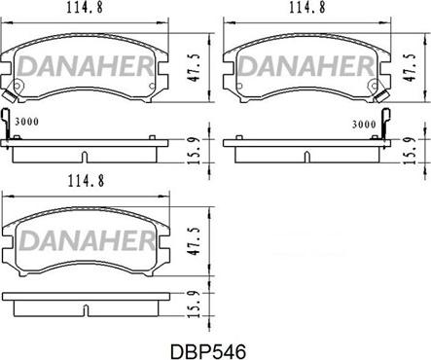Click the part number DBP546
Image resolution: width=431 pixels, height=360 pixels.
coord(208,351)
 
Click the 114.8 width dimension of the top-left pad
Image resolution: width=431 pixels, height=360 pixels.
coord(85,8)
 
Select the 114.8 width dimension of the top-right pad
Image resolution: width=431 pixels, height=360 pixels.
coord(307,8)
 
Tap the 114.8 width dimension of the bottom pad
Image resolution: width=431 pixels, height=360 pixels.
coord(86,181)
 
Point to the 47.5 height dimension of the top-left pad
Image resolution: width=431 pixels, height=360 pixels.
coord(194,68)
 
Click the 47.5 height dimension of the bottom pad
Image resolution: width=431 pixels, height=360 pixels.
coord(195,241)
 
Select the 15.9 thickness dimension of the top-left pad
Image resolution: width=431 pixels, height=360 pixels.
coord(195,150)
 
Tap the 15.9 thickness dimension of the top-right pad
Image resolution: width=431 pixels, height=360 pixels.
coord(410,150)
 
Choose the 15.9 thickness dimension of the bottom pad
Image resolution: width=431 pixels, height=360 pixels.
coord(195,304)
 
